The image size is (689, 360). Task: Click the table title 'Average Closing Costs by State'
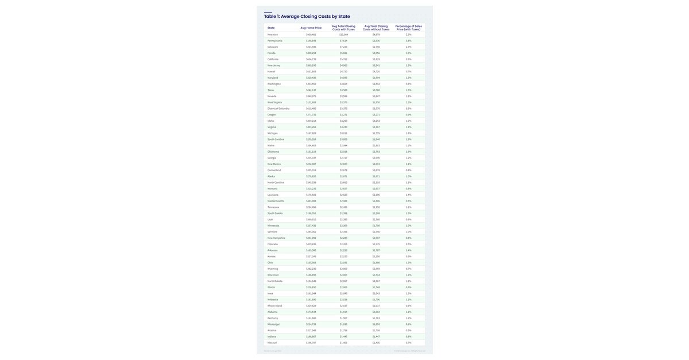coord(307,17)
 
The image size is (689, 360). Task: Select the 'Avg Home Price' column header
coord(311,28)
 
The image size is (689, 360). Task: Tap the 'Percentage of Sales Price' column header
coord(408,28)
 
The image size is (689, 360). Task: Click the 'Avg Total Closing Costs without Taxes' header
coord(376,28)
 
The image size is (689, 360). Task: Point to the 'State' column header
coord(271,28)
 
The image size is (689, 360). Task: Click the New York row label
coord(273,34)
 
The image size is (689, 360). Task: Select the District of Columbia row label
coord(278,109)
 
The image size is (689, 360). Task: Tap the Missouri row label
coord(272,343)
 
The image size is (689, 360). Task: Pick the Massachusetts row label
coord(276,201)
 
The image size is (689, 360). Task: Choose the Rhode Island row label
coord(274,306)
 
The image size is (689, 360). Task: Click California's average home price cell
coord(311,59)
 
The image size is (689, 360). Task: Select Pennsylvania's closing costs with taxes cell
coord(343,41)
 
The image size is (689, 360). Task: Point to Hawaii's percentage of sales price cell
coord(408,72)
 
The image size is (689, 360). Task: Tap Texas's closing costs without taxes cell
coord(376,90)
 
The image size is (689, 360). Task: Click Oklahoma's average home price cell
coord(311,152)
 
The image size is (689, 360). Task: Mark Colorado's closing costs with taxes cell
coord(343,244)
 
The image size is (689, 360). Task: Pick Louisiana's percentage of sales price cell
coord(408,195)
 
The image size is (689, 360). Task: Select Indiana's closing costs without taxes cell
coord(376,336)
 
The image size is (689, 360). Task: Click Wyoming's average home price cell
coord(311,269)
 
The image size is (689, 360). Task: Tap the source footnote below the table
coord(273,351)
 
